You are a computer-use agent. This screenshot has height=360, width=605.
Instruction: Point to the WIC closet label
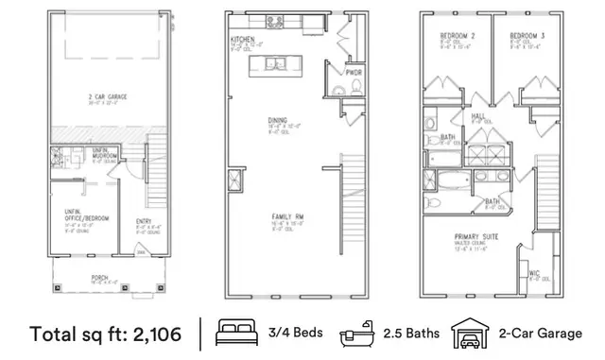pyautogui.click(x=535, y=275)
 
